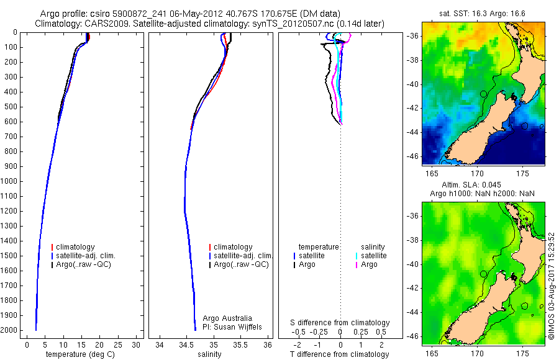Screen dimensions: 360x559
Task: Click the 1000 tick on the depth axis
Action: (x=12, y=181)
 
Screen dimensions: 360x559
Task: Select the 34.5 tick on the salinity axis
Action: (x=186, y=344)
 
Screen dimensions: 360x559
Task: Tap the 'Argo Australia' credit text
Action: (x=229, y=318)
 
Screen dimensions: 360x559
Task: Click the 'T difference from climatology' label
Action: (x=340, y=354)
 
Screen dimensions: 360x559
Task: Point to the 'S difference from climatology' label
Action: (x=340, y=323)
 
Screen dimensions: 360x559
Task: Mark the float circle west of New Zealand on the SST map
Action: (x=483, y=94)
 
